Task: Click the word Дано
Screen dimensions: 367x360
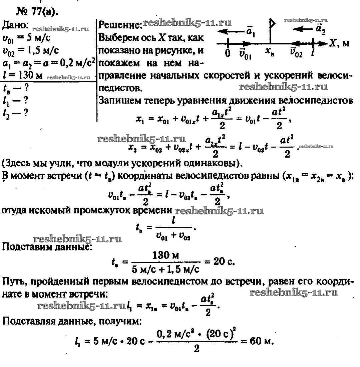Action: (x=15, y=26)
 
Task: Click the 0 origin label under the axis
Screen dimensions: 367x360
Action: (x=228, y=53)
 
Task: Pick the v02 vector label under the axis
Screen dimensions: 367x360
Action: (x=296, y=53)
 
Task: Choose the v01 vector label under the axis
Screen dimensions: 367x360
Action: (x=245, y=53)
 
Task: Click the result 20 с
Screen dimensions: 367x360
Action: (x=225, y=261)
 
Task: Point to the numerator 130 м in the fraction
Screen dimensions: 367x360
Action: (x=166, y=255)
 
